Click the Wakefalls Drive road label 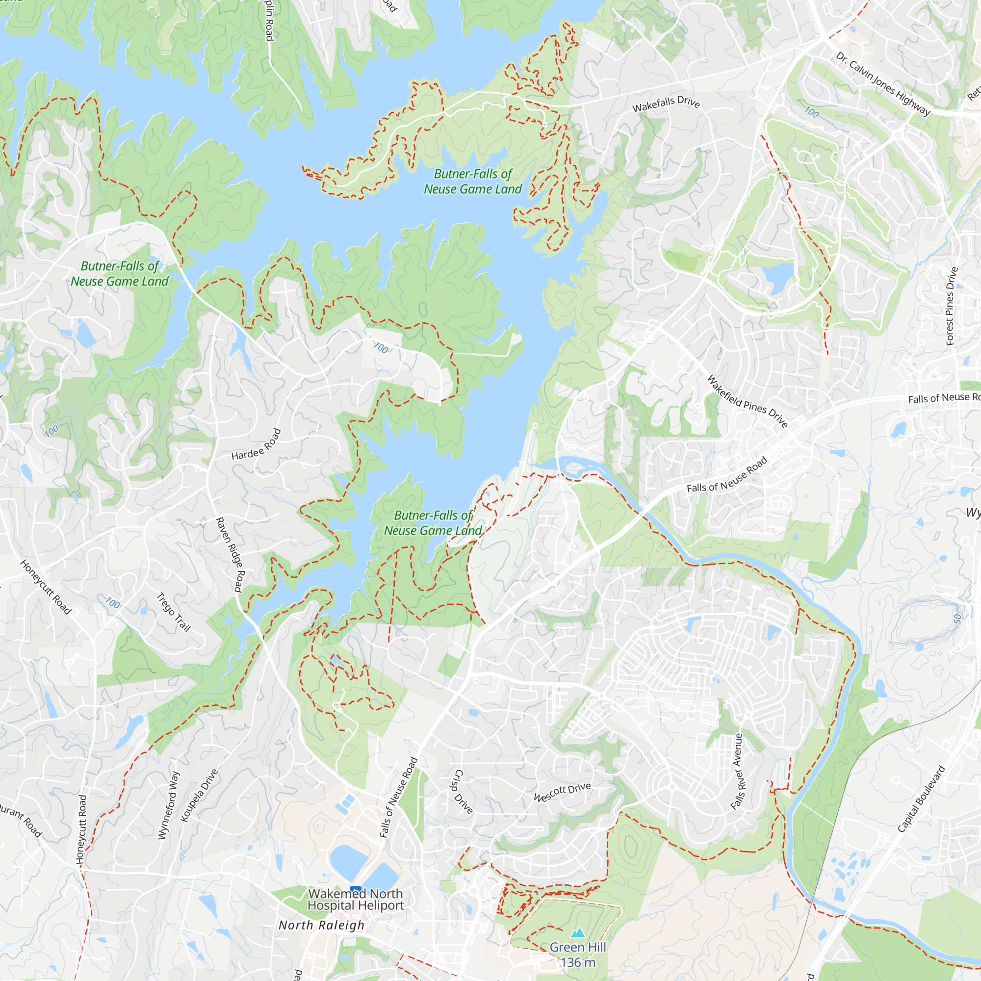tap(666, 103)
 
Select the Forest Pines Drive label tap(952, 306)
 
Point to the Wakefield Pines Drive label tap(747, 401)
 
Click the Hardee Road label tap(256, 444)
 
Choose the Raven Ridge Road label tap(230, 554)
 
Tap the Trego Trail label tap(173, 612)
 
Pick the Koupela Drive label tap(199, 795)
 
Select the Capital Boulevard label tap(921, 799)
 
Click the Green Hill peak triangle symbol tap(578, 933)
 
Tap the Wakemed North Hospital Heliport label tap(356, 899)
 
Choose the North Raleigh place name tap(321, 925)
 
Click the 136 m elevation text tap(578, 962)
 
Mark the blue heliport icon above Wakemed tap(356, 890)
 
